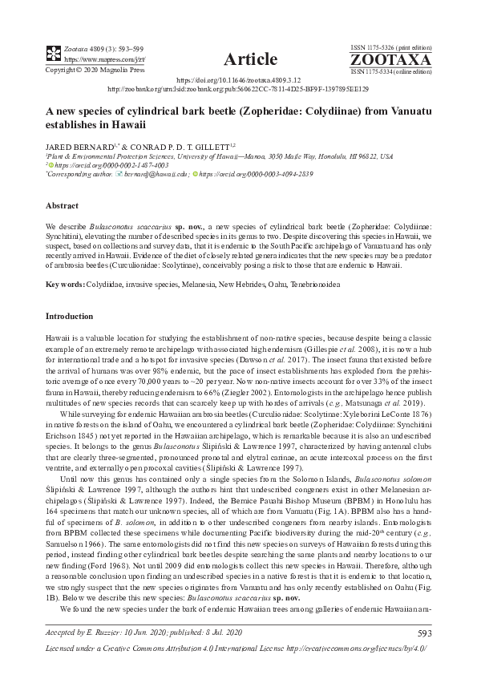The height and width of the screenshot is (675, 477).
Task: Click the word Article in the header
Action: click(x=251, y=59)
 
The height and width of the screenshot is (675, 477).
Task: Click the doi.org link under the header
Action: click(x=237, y=81)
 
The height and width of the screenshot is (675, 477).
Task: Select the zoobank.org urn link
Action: click(x=237, y=90)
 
